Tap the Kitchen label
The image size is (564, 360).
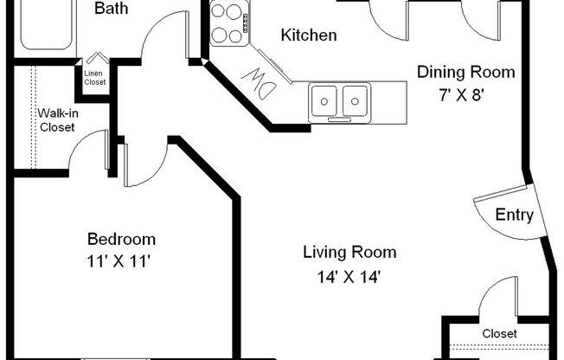coord(309,36)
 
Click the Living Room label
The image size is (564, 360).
coord(349,253)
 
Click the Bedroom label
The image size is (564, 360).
coord(121,239)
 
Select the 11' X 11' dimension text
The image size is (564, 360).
coord(121,260)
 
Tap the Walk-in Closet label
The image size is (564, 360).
coord(57,120)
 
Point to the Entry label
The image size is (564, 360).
coord(514,215)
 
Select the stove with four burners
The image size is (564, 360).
coord(229,23)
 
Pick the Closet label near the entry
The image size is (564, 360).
coord(499,333)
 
